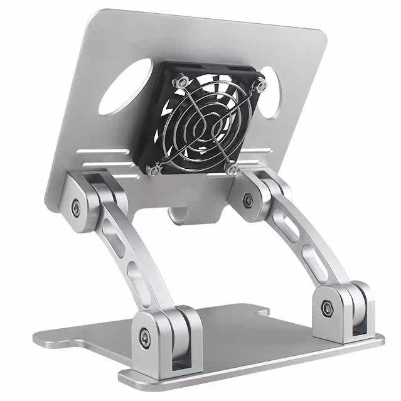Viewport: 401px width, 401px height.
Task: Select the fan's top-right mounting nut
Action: click(x=259, y=82)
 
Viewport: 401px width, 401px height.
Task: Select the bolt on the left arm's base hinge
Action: click(x=146, y=335)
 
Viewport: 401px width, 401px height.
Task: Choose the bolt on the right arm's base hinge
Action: click(x=326, y=307)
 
